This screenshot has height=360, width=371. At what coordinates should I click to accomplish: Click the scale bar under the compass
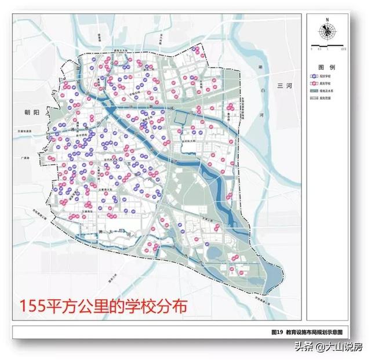[327, 45]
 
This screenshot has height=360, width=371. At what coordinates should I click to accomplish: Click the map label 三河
[286, 85]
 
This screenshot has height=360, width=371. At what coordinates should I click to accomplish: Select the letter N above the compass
[327, 19]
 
